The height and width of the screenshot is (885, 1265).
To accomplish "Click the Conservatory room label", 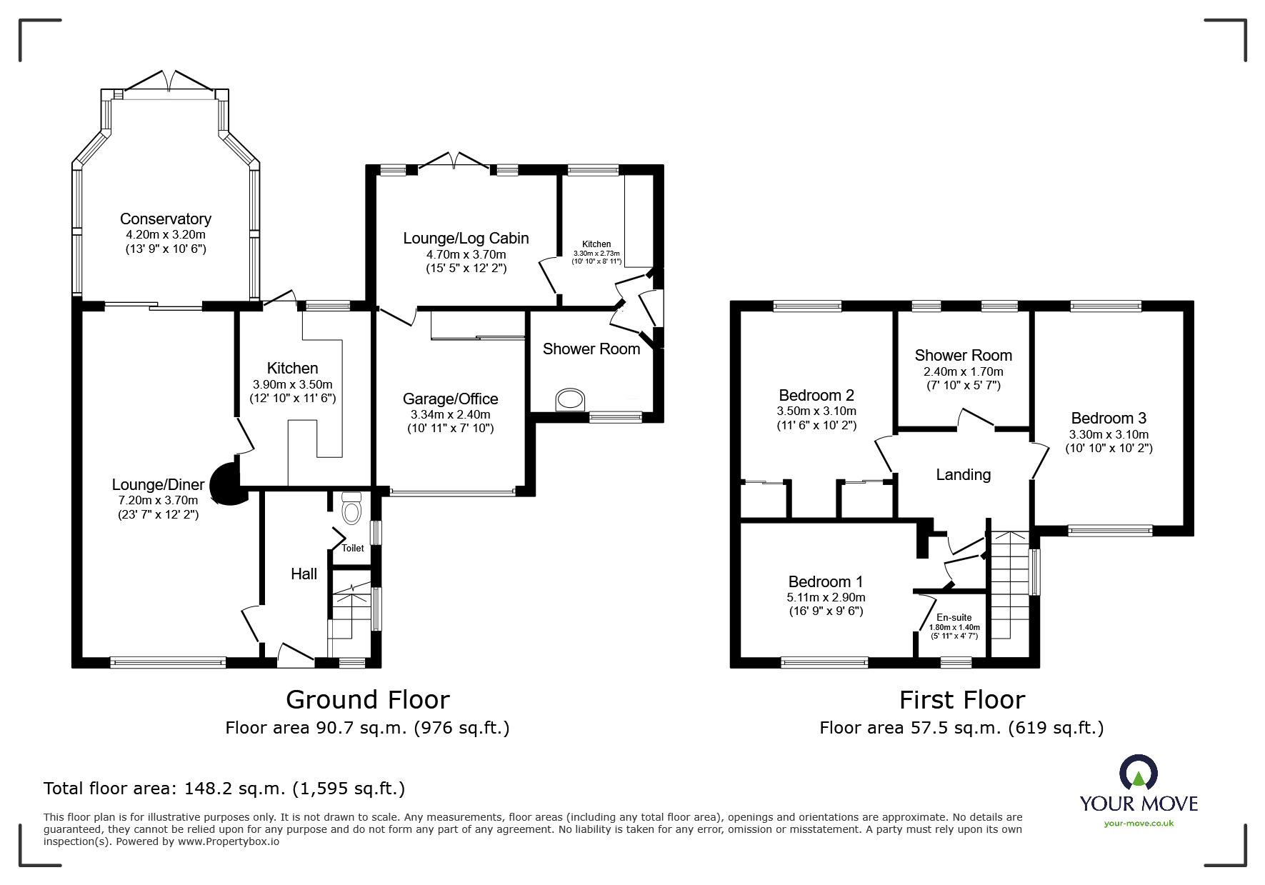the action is point(165,219).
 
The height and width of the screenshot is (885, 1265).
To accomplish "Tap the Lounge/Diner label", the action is point(158,485).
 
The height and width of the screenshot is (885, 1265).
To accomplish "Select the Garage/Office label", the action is point(450,399).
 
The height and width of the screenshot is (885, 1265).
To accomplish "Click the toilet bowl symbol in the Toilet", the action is point(351,508).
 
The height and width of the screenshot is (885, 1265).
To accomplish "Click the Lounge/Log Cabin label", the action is point(466,239).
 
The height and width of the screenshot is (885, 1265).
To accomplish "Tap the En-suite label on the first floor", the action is point(954,618).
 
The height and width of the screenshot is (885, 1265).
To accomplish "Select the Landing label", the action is point(964,475).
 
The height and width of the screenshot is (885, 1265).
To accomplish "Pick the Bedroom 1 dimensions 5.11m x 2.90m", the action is point(826,598).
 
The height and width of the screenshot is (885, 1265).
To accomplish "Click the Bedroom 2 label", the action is point(816,396).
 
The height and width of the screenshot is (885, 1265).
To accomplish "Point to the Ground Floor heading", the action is point(368,699).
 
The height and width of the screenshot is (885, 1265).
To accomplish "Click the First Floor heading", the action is point(962,700).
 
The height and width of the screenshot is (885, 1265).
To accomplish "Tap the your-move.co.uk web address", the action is point(1139,824).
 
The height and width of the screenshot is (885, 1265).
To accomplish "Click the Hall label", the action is point(304,574).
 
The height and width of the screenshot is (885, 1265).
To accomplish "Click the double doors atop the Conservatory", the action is point(169,80).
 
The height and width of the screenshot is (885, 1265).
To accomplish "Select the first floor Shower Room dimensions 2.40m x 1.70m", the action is point(964,372).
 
